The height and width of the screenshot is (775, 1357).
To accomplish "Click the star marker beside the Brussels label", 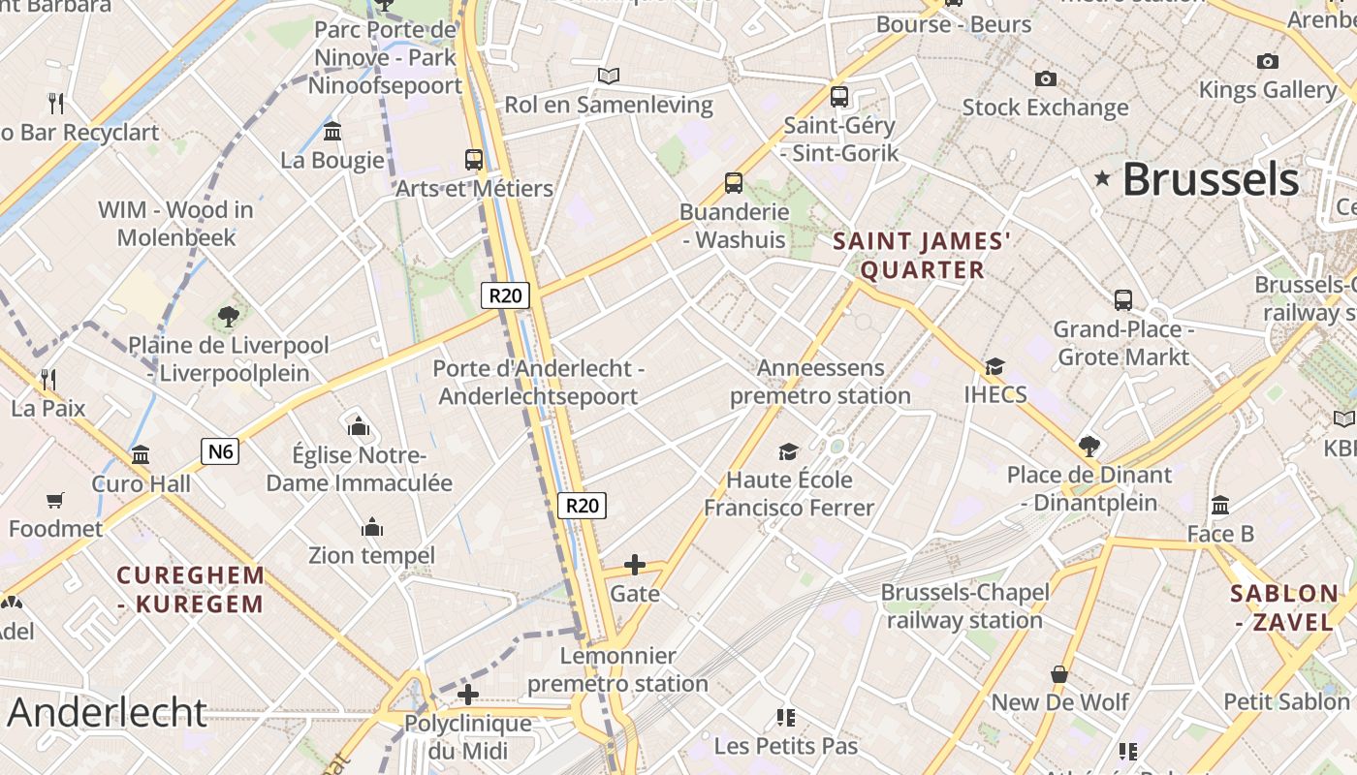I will pyautogui.click(x=1102, y=178).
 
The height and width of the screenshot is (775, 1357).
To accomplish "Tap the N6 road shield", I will pyautogui.click(x=220, y=450).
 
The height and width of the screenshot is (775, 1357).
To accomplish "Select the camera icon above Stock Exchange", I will pyautogui.click(x=1045, y=78).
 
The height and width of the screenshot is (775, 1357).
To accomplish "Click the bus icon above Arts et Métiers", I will pyautogui.click(x=474, y=160).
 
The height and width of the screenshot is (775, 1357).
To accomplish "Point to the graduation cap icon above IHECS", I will pyautogui.click(x=994, y=366).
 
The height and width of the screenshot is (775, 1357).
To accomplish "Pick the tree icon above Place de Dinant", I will pyautogui.click(x=1089, y=446).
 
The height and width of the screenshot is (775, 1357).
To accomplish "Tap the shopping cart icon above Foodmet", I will pyautogui.click(x=55, y=500).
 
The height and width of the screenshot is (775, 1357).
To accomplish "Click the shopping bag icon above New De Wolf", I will pyautogui.click(x=1059, y=673).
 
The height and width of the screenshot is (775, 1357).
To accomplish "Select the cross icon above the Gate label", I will pyautogui.click(x=635, y=564).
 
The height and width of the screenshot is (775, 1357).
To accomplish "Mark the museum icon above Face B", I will pyautogui.click(x=1220, y=505).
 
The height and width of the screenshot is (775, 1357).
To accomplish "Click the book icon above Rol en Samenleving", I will pyautogui.click(x=609, y=76).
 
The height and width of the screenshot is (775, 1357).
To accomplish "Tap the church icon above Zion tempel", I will pyautogui.click(x=372, y=527).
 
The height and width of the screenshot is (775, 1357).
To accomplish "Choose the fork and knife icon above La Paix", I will pyautogui.click(x=48, y=379).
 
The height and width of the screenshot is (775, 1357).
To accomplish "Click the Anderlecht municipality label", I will pyautogui.click(x=107, y=712).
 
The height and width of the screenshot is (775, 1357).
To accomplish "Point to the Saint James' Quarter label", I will pyautogui.click(x=922, y=255).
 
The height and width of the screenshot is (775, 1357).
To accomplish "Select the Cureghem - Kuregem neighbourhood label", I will pyautogui.click(x=190, y=589).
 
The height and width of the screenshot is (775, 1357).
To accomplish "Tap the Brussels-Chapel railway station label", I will pyautogui.click(x=964, y=605).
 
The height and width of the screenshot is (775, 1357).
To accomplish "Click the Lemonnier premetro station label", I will pyautogui.click(x=617, y=669).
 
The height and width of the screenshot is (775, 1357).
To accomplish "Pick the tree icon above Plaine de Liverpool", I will pyautogui.click(x=229, y=316).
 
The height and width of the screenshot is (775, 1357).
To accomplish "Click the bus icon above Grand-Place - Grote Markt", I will pyautogui.click(x=1123, y=300).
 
